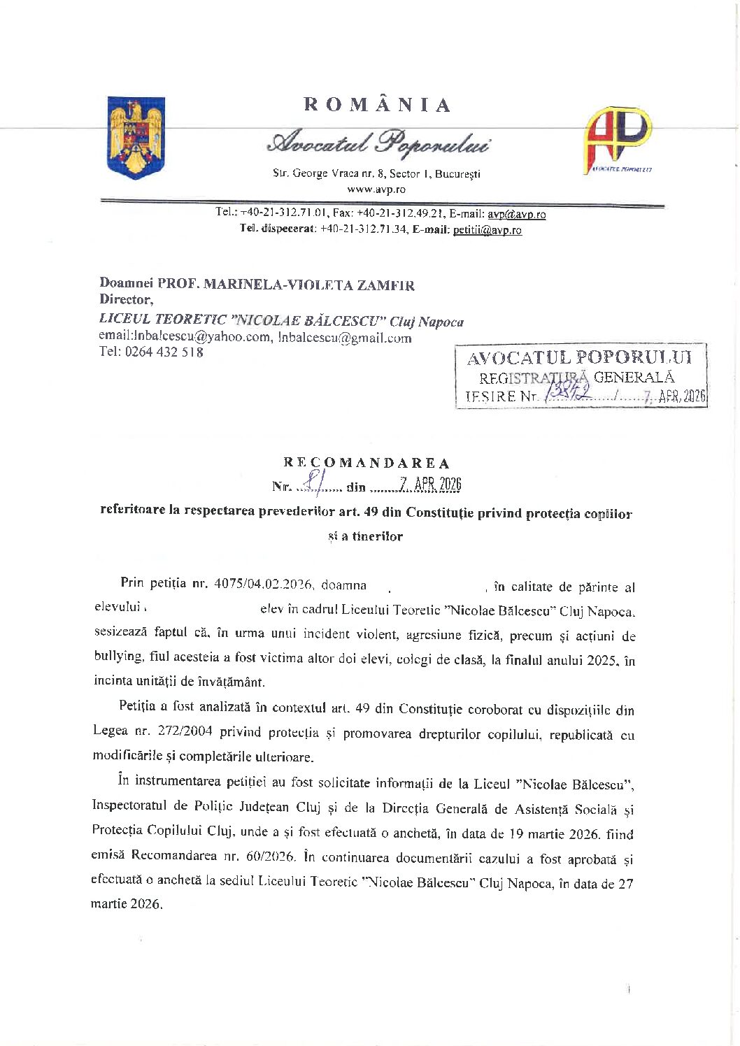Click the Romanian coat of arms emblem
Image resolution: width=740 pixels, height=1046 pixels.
point(136,138)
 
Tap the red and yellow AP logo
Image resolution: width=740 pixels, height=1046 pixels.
point(618,138)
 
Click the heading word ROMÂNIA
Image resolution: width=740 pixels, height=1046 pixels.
point(377,105)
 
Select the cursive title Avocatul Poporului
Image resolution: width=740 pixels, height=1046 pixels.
point(378,143)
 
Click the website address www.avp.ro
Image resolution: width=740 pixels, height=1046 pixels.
point(376,189)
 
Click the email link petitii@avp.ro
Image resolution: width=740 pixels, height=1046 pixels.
point(487,229)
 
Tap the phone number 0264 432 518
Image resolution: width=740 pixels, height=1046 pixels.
point(164,352)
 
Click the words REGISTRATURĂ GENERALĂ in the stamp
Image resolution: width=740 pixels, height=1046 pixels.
point(577,378)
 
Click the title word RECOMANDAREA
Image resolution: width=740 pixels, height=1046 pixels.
point(367,463)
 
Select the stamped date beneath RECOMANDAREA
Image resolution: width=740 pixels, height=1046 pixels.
point(430,485)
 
